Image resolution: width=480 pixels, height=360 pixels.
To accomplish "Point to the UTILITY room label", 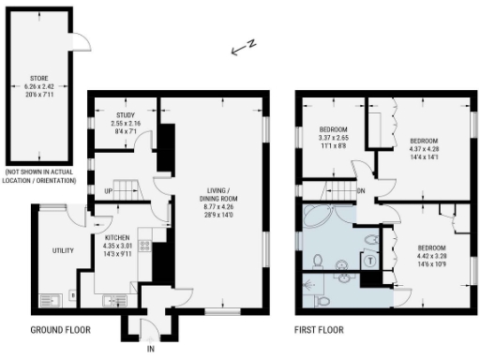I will (63, 250).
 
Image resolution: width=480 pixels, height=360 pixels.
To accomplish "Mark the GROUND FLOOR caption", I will (61, 330).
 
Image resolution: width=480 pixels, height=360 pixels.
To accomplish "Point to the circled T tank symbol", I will (370, 260).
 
